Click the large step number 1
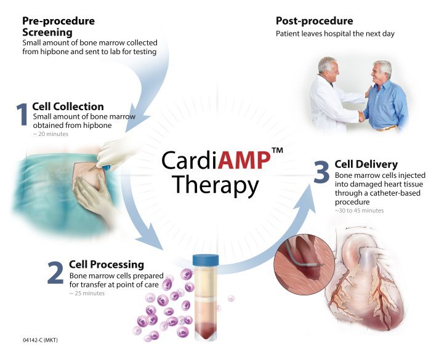tap(22, 114)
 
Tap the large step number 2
tap(55, 273)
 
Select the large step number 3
tap(321, 172)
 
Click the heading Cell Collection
tap(68, 106)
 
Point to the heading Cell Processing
tap(107, 265)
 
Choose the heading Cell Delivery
tap(366, 164)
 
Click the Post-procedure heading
tap(315, 21)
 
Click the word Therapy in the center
tap(216, 185)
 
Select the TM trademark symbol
tap(277, 150)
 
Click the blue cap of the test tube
tap(206, 260)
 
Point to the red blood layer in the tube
tap(206, 329)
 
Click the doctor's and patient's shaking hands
tap(362, 116)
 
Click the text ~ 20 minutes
tap(50, 134)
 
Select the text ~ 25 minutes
tap(87, 293)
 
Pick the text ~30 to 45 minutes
tap(359, 210)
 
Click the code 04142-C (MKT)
tap(41, 340)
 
